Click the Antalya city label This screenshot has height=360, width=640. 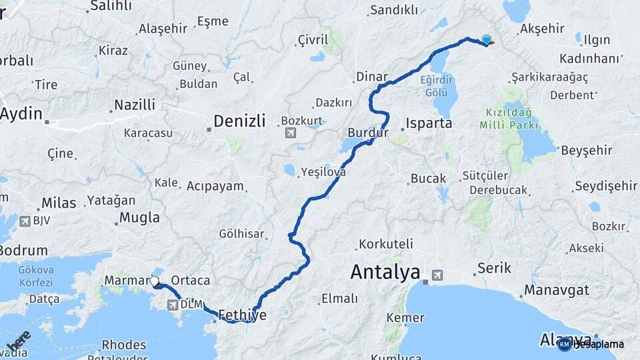pyautogui.click(x=385, y=272)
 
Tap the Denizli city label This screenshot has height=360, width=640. pyautogui.click(x=239, y=121)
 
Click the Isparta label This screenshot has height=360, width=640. pyautogui.click(x=429, y=123)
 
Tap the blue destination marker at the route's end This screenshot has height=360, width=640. pyautogui.click(x=487, y=40)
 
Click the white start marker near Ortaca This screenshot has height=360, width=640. pyautogui.click(x=155, y=281)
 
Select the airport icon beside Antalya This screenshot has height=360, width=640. pyautogui.click(x=437, y=274)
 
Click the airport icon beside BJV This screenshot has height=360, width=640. pyautogui.click(x=25, y=221)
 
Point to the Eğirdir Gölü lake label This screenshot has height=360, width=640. pyautogui.click(x=437, y=85)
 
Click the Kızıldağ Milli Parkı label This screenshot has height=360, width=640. pyautogui.click(x=508, y=119)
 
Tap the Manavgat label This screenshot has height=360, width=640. pyautogui.click(x=556, y=291)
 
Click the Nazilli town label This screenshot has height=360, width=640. pyautogui.click(x=135, y=105)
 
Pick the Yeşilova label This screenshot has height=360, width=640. pyautogui.click(x=323, y=171)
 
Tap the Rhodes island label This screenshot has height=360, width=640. pyautogui.click(x=124, y=345)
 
